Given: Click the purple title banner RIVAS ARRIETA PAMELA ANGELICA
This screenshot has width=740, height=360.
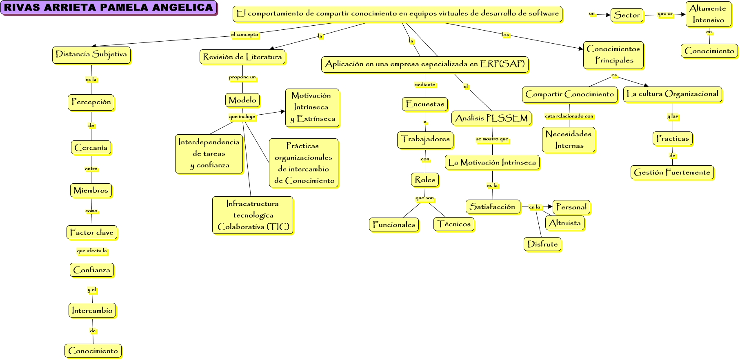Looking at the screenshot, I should tap(108, 8).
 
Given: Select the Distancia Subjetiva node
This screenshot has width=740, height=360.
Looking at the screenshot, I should tap(91, 55).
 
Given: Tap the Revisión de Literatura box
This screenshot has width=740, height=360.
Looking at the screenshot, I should tap(242, 57).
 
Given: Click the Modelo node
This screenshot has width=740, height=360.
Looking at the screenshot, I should tap(242, 100).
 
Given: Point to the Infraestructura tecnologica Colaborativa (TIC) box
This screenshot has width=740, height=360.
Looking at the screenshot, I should tap(253, 215).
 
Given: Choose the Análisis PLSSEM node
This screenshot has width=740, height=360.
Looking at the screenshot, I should tap(491, 118).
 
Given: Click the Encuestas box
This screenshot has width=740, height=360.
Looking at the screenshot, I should tap(425, 104).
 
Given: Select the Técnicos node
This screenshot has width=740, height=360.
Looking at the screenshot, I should tap(454, 224).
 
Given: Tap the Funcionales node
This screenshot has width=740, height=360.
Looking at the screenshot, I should tap(394, 224).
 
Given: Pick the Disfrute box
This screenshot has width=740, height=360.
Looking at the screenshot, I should tap(542, 244).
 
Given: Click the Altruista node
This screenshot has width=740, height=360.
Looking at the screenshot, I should tap(565, 223).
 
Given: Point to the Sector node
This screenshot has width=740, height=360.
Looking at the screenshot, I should tap(627, 15).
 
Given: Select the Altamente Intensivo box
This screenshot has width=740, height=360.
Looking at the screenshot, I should tap(708, 14).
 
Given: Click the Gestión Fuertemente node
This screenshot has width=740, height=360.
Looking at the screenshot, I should tap(672, 173).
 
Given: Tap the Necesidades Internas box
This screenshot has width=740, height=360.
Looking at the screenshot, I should tap(569, 140).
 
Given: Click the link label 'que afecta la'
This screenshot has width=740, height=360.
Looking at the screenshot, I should tap(92, 251).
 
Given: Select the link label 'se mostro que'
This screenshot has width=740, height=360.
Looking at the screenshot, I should tap(492, 139).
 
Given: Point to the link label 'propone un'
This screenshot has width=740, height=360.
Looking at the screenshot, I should tap(242, 77).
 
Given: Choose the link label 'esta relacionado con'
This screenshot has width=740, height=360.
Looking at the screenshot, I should tap(569, 116).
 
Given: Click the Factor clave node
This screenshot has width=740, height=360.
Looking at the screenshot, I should tap(92, 233).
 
